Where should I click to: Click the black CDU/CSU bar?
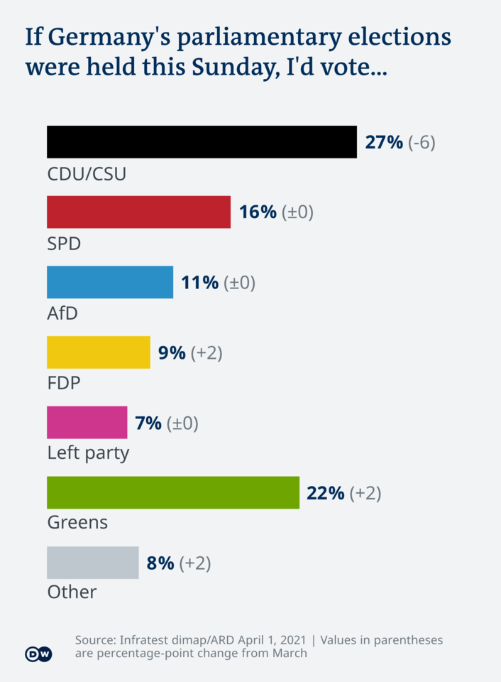coord(202,142)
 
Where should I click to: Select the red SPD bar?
coord(138,212)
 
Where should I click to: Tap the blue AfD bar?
coord(110,282)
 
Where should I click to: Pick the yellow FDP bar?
coord(99,352)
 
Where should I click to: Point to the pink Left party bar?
coord(87,422)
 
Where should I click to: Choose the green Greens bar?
coord(173,492)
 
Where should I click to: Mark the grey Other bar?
coord(92,563)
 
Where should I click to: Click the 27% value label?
coord(384,142)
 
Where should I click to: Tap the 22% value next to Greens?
coord(326,492)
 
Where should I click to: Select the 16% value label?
coord(258,212)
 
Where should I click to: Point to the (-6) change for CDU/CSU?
coord(422,142)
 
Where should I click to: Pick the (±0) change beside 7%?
coord(182,423)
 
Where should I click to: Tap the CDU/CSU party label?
coord(87,173)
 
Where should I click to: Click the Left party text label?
coord(88,453)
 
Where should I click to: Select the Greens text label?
coord(77,523)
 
